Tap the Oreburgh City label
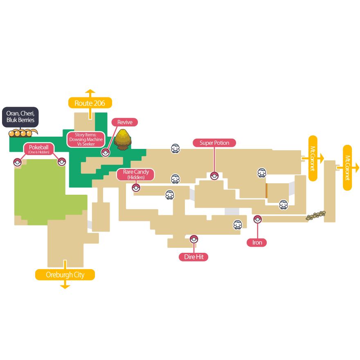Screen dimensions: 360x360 click(65, 274)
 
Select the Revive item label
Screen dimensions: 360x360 click(125, 122)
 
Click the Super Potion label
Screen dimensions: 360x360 click(214, 143)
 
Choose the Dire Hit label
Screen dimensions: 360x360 click(194, 257)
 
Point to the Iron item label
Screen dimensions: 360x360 click(257, 243)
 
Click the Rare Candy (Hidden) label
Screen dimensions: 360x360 click(136, 175)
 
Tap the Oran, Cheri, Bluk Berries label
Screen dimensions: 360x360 click(20, 117)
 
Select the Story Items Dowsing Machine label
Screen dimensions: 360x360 click(86, 139)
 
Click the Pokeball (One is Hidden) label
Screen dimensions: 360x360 click(39, 149)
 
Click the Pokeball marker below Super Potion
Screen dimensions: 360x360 click(214, 176)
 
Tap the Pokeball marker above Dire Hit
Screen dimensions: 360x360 click(194, 239)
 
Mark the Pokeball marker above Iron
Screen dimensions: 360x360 click(257, 219)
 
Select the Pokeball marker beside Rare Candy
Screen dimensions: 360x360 click(136, 188)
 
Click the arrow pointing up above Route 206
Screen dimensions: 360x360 click(90, 92)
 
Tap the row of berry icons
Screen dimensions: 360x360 click(20, 133)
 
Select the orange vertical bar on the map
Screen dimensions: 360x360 click(266, 191)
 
